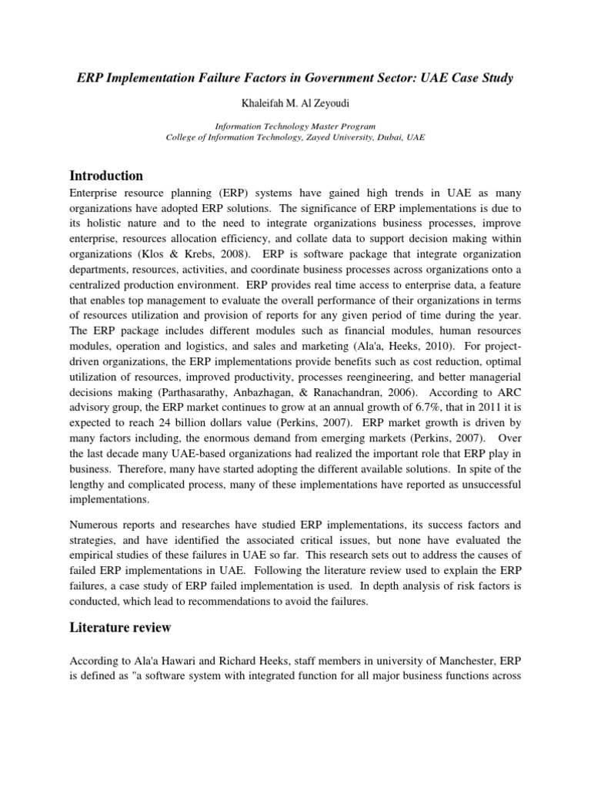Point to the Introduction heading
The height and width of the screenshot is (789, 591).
[x=106, y=175]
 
